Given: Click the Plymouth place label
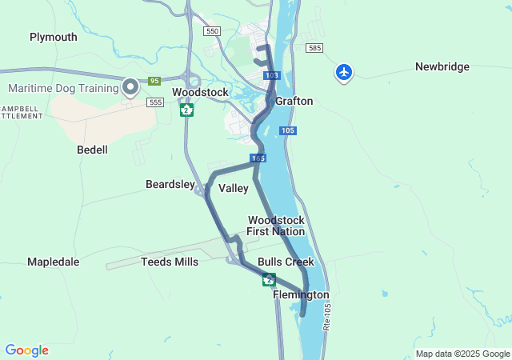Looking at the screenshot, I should tap(54, 37).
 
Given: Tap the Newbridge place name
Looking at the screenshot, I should tap(442, 66).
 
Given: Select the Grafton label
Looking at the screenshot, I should tap(294, 102).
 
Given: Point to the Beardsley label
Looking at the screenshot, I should tap(170, 185).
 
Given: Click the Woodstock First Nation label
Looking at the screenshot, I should tap(276, 226).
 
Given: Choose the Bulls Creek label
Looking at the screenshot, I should tap(286, 262).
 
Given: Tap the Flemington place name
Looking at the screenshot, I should tap(301, 295).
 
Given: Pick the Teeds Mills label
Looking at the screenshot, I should tap(170, 262).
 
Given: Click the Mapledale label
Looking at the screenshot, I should tap(53, 262).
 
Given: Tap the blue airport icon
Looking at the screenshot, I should tap(344, 72).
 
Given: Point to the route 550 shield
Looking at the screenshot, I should tap(211, 30).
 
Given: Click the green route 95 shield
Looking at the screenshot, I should tap(154, 81).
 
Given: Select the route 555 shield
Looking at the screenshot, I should tap(155, 102).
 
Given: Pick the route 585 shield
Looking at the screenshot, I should tap(314, 48).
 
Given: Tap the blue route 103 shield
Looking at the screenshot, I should tap(272, 75).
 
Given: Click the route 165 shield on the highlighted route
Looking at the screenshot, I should tap(258, 158).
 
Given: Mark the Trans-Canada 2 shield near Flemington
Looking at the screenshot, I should tap(269, 279).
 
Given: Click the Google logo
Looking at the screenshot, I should tap(26, 350).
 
